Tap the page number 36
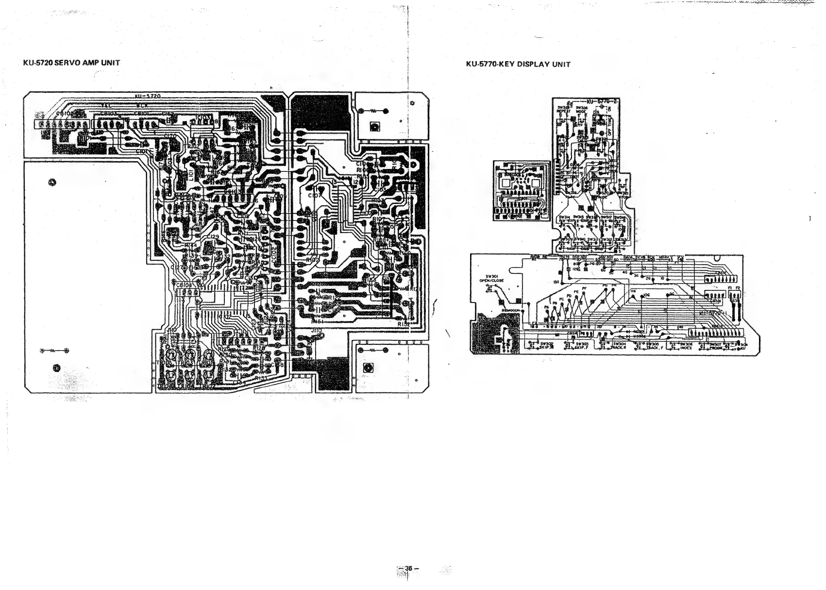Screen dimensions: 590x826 tap(408, 569)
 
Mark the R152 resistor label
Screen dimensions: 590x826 tap(405, 323)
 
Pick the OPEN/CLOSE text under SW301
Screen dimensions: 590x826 tap(491, 281)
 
